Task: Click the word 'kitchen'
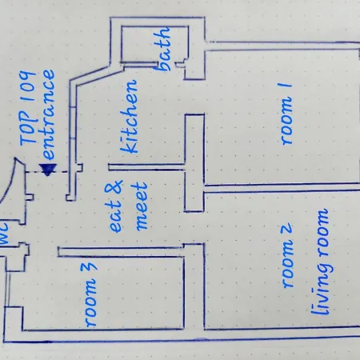click(130, 117)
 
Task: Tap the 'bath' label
click(162, 49)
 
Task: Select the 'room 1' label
click(285, 114)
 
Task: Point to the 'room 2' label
click(286, 256)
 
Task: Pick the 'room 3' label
click(90, 294)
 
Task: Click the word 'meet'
click(142, 206)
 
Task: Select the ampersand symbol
click(114, 188)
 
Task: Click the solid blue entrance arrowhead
click(48, 170)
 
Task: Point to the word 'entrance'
click(46, 114)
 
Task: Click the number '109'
click(27, 88)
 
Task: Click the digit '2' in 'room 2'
click(286, 229)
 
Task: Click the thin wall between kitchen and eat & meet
click(146, 167)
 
